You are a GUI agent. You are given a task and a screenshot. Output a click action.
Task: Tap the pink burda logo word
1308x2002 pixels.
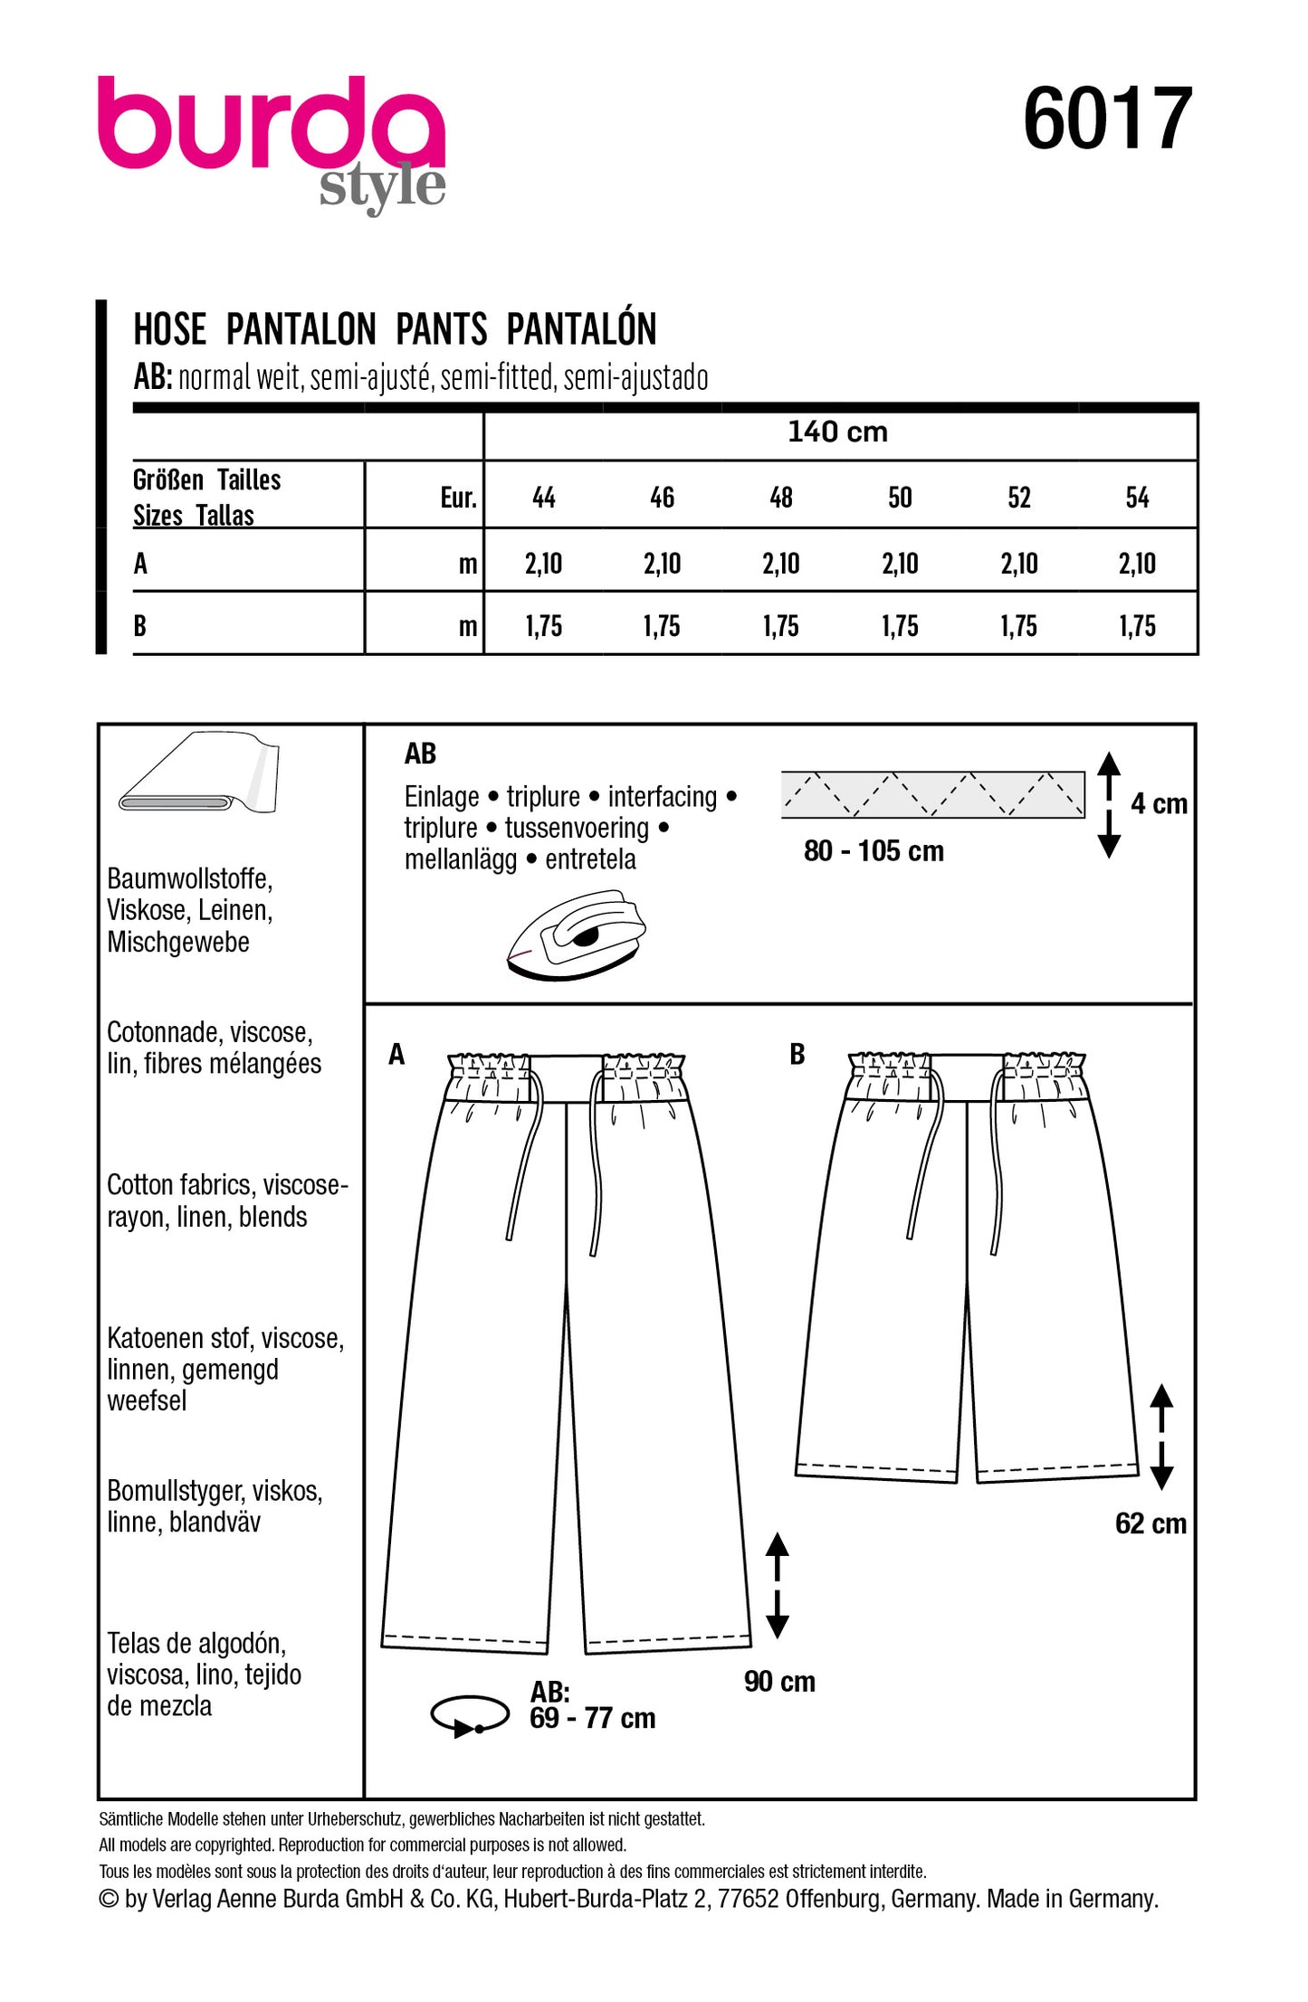point(272,124)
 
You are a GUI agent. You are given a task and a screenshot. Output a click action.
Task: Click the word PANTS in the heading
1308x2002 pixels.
point(442,329)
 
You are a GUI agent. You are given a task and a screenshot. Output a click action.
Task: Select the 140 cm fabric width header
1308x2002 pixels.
point(837,432)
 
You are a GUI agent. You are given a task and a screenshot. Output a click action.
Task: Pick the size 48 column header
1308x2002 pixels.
point(780,498)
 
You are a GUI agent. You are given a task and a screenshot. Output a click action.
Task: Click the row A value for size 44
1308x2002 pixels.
point(543,565)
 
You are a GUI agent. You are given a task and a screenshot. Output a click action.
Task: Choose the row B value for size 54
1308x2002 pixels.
point(1137,626)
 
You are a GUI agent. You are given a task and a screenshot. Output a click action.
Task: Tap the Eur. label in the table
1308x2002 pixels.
point(458,498)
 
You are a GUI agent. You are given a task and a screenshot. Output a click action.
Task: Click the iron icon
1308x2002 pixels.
point(578,935)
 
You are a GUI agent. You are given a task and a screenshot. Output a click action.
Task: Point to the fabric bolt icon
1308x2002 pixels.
point(200,774)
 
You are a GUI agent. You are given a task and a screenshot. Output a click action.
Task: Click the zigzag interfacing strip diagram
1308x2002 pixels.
point(932,794)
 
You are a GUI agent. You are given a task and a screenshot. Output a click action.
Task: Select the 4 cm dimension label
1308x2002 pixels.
point(1159,803)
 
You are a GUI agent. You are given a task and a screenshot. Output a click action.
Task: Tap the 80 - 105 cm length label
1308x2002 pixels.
point(874,851)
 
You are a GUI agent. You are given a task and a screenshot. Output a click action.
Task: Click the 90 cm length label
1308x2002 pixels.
point(779,1682)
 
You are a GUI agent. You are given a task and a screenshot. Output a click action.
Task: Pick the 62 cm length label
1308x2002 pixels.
point(1150,1523)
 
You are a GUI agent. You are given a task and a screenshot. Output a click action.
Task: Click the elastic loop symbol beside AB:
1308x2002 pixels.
point(470,1715)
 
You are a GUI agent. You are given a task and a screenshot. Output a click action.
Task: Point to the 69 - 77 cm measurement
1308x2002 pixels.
point(593,1718)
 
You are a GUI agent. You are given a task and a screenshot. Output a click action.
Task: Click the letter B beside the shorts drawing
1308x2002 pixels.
point(797,1054)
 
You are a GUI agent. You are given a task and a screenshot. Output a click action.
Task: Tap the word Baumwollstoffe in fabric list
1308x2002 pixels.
point(189,878)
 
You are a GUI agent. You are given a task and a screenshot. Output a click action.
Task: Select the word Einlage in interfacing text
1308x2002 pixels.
point(442,797)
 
